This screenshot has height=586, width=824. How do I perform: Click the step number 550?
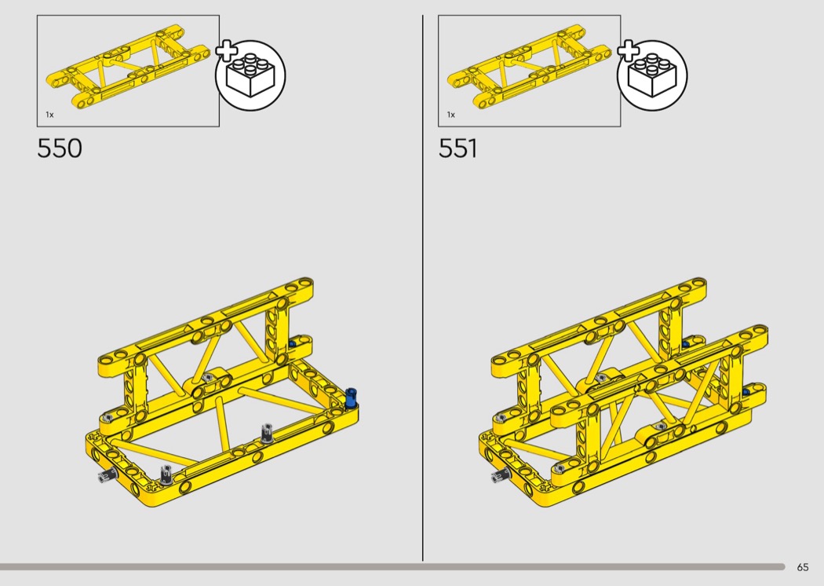[x=60, y=148]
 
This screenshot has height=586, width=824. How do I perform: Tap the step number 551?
[x=458, y=148]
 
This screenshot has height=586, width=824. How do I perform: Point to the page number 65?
[x=803, y=567]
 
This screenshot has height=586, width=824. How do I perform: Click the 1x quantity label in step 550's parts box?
[x=49, y=115]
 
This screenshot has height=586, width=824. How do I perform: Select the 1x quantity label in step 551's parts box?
[x=451, y=115]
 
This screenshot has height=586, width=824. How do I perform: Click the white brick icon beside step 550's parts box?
[x=251, y=75]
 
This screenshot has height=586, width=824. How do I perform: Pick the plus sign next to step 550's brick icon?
[x=227, y=50]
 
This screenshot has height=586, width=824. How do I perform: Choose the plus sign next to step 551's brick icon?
[x=628, y=50]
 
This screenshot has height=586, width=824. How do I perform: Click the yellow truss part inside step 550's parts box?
[x=129, y=67]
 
